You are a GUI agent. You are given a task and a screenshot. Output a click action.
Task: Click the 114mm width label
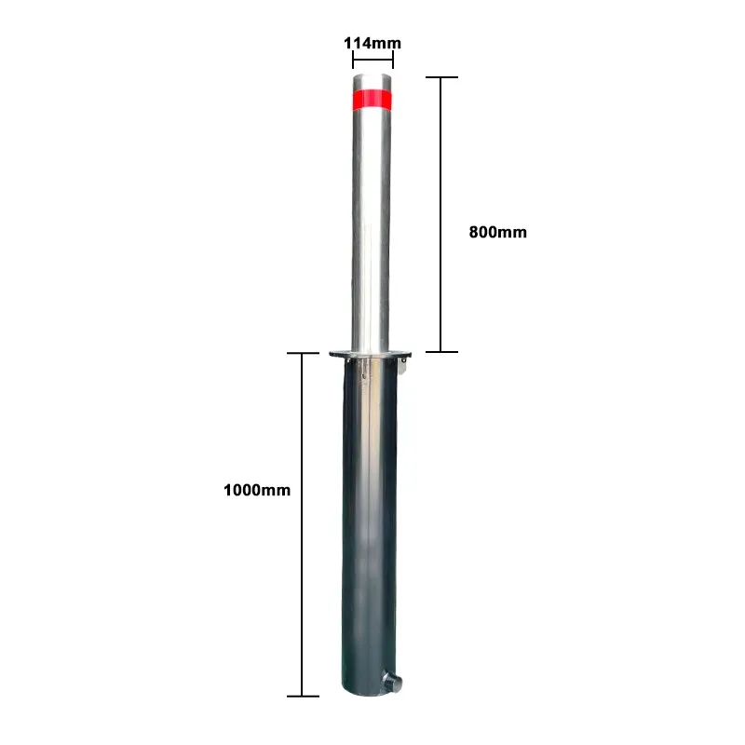[x=372, y=43]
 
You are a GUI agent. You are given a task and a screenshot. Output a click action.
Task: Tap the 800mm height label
[x=497, y=233]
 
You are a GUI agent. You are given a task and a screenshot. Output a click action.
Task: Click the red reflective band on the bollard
[x=372, y=98]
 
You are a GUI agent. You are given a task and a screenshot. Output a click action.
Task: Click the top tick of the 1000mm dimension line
[x=304, y=354]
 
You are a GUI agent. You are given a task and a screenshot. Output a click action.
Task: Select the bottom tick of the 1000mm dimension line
[x=304, y=696]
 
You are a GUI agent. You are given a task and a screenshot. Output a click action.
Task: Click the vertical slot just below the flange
[x=359, y=370]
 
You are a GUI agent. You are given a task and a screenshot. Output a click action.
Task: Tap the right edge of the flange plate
[x=411, y=353]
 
